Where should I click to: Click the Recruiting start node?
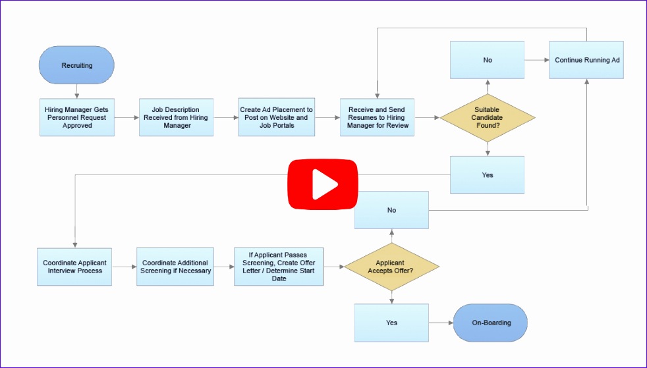click(x=77, y=65)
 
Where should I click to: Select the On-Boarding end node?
click(x=491, y=323)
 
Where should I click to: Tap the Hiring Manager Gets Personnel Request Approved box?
click(x=77, y=118)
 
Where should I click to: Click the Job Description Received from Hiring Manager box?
click(x=176, y=118)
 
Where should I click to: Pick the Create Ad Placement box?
click(x=276, y=118)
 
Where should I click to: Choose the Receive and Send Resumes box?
click(x=377, y=118)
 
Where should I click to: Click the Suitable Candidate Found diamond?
click(x=488, y=118)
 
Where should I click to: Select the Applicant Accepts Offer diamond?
click(x=391, y=267)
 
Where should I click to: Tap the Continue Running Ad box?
click(x=586, y=60)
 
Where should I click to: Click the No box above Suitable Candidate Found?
click(x=488, y=60)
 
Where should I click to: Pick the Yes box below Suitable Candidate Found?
click(x=488, y=175)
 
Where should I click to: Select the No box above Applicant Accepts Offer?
click(x=391, y=210)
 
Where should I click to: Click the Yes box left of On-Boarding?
click(x=391, y=323)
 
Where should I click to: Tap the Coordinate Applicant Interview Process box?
click(x=75, y=267)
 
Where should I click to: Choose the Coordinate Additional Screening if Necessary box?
click(x=176, y=267)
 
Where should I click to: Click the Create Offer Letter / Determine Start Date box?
click(x=279, y=267)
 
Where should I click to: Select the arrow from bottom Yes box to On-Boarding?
click(x=441, y=323)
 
